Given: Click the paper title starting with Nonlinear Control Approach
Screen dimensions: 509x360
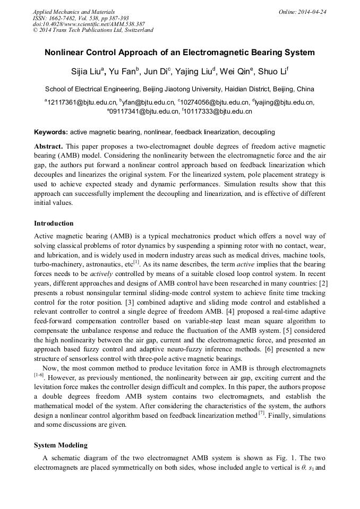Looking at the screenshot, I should click(179, 53).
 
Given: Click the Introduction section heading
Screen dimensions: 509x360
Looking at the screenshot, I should click(54, 223).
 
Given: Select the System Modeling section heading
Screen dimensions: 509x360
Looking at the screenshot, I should click(61, 445).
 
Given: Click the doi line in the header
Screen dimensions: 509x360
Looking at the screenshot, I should click(89, 24).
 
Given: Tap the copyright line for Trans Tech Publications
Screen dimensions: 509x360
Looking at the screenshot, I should click(93, 30).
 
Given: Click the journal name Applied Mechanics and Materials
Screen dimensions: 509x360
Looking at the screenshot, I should click(73, 12).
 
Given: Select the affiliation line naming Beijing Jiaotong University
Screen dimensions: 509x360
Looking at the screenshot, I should click(179, 89).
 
